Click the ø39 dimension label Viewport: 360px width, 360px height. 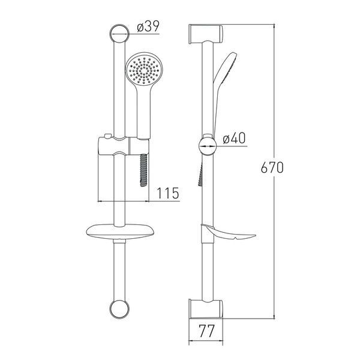coord(148,26)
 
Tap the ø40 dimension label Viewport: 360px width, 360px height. coord(234,138)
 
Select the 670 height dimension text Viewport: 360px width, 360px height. coord(272,167)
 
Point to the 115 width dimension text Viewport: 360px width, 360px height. coord(168,193)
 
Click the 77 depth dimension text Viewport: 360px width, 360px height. coord(206,331)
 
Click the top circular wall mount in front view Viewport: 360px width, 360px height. coord(119,34)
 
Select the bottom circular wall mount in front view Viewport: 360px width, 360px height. coord(119,309)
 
